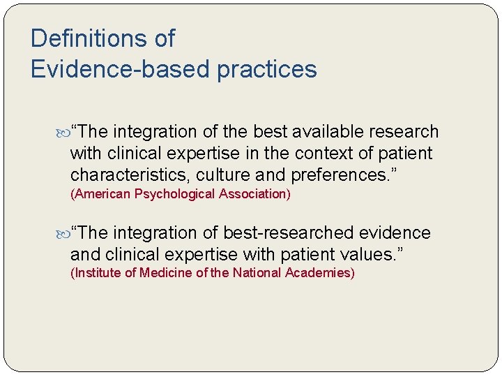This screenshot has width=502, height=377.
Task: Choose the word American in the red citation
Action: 99,194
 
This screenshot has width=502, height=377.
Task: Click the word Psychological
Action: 173,194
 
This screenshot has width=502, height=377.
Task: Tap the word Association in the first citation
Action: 254,194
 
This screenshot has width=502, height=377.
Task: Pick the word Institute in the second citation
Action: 97,273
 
